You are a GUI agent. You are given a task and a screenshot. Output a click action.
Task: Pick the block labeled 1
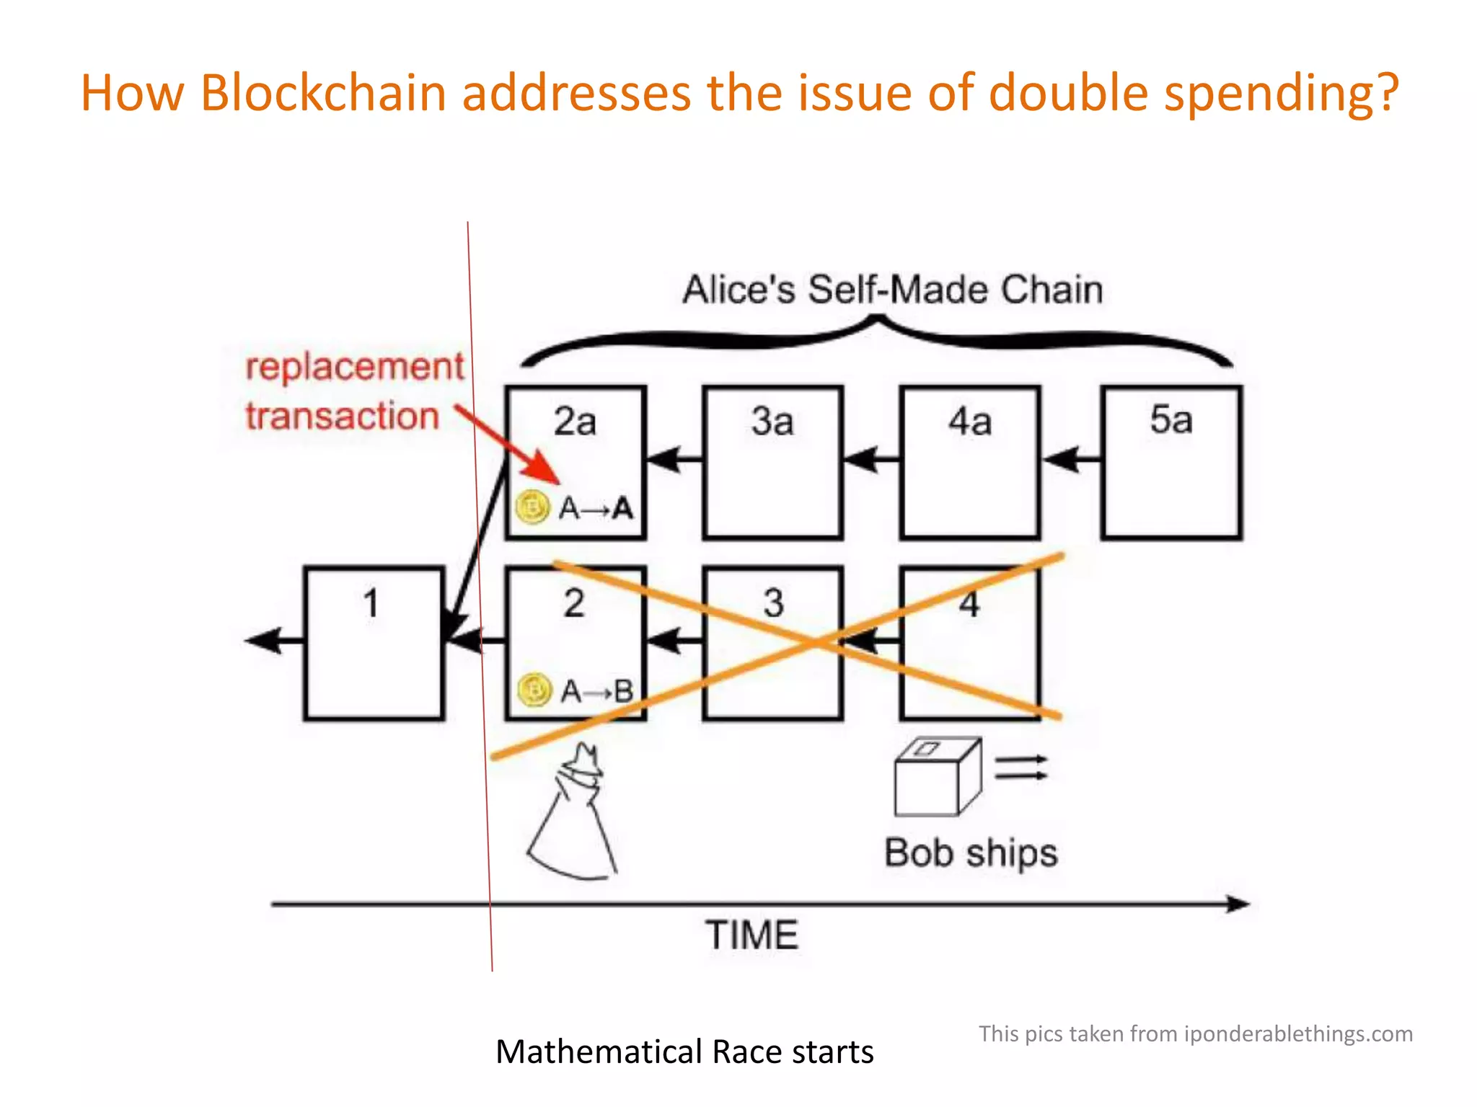point(374,643)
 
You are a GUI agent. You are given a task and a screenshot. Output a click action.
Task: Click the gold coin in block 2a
point(533,507)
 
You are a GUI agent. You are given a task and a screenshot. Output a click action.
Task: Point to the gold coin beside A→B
point(535,690)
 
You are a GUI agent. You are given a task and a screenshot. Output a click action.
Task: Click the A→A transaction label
point(596,508)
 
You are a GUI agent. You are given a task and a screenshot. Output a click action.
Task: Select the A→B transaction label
point(597,691)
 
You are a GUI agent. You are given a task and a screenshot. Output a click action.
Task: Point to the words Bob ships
point(971,853)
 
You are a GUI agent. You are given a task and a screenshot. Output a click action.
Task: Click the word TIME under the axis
point(751,935)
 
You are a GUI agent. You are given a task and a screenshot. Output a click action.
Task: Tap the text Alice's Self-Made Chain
point(893,290)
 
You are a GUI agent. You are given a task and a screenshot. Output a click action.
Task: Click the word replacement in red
point(355,366)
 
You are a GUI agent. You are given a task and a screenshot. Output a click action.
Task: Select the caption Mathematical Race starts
point(684,1052)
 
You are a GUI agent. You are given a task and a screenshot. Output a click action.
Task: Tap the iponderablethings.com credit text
point(1195,1033)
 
